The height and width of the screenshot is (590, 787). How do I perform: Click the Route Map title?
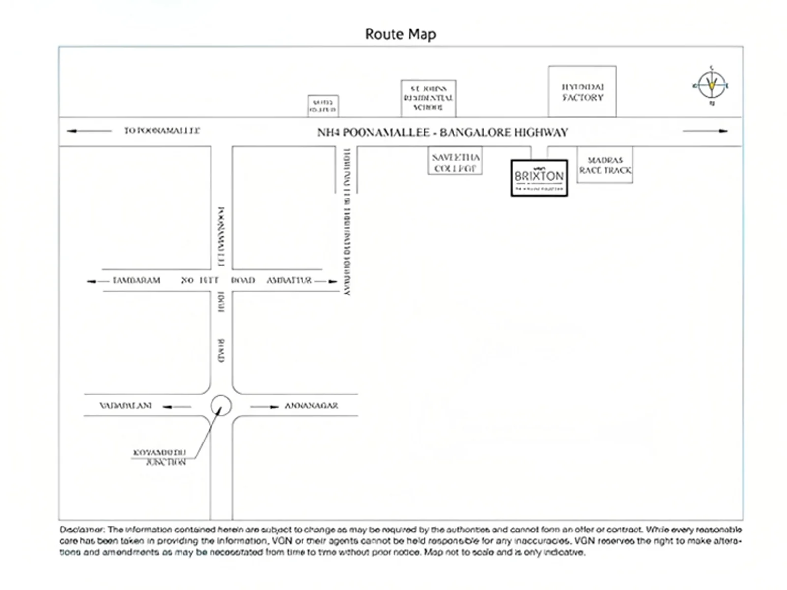pyautogui.click(x=400, y=34)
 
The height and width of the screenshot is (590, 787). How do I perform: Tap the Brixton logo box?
pyautogui.click(x=539, y=177)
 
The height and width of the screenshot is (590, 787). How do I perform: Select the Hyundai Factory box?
pyautogui.click(x=582, y=92)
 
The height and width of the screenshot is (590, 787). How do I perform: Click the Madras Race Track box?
pyautogui.click(x=605, y=165)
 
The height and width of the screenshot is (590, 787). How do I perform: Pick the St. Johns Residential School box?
pyautogui.click(x=428, y=98)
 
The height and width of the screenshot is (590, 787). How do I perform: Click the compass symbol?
pyautogui.click(x=711, y=86)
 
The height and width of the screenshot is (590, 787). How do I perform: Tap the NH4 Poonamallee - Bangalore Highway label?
pyautogui.click(x=442, y=132)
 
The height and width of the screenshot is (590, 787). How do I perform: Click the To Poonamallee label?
pyautogui.click(x=162, y=131)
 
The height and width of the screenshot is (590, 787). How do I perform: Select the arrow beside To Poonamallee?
pyautogui.click(x=89, y=131)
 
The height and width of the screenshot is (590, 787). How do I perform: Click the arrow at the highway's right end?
pyautogui.click(x=705, y=131)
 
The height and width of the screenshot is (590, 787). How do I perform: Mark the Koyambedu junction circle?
pyautogui.click(x=221, y=406)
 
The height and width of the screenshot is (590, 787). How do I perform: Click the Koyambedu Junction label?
pyautogui.click(x=160, y=457)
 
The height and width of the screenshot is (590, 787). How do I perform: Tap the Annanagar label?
pyautogui.click(x=311, y=406)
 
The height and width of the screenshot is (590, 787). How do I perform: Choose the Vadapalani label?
pyautogui.click(x=126, y=406)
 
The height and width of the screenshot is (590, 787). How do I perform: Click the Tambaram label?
pyautogui.click(x=136, y=280)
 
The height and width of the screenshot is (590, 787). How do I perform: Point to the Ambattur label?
pyautogui.click(x=289, y=280)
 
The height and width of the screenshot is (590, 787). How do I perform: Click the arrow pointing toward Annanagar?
pyautogui.click(x=265, y=407)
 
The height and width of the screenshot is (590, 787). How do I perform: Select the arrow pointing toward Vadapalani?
pyautogui.click(x=177, y=407)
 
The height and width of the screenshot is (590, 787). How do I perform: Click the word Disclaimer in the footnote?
pyautogui.click(x=81, y=530)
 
